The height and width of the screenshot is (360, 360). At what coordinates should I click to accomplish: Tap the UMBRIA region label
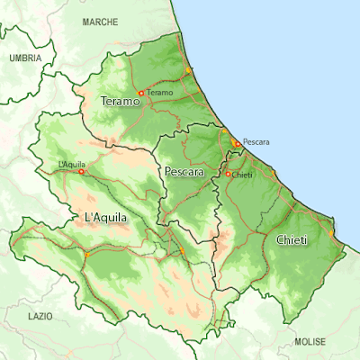click(x=24, y=58)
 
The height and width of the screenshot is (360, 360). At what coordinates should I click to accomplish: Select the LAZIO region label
click(x=40, y=317)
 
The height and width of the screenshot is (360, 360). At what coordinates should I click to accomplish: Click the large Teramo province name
click(x=121, y=102)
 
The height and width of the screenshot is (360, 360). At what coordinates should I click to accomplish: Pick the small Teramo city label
click(x=159, y=93)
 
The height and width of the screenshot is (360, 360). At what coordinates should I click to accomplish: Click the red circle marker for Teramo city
click(x=141, y=93)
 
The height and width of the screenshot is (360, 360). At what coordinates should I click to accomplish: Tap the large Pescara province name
click(x=184, y=170)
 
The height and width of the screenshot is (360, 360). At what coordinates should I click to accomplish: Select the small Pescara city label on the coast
click(x=256, y=142)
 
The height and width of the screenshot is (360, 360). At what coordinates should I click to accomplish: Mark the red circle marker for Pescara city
click(x=237, y=142)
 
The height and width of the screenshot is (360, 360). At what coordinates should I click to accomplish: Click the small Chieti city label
click(x=242, y=175)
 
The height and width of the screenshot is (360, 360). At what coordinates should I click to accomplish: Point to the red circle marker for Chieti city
click(x=228, y=174)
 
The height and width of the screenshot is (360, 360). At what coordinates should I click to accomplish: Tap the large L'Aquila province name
click(x=105, y=218)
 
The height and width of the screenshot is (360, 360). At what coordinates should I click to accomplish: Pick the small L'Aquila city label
click(x=71, y=164)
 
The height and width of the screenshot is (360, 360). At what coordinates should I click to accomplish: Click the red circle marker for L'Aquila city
click(x=81, y=171)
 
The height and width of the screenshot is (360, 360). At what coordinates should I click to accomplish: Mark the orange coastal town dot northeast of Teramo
click(x=188, y=69)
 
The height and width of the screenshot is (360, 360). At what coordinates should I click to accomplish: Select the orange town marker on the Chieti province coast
click(x=331, y=232)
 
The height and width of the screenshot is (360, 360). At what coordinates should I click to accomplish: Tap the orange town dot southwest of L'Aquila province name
click(x=86, y=256)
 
